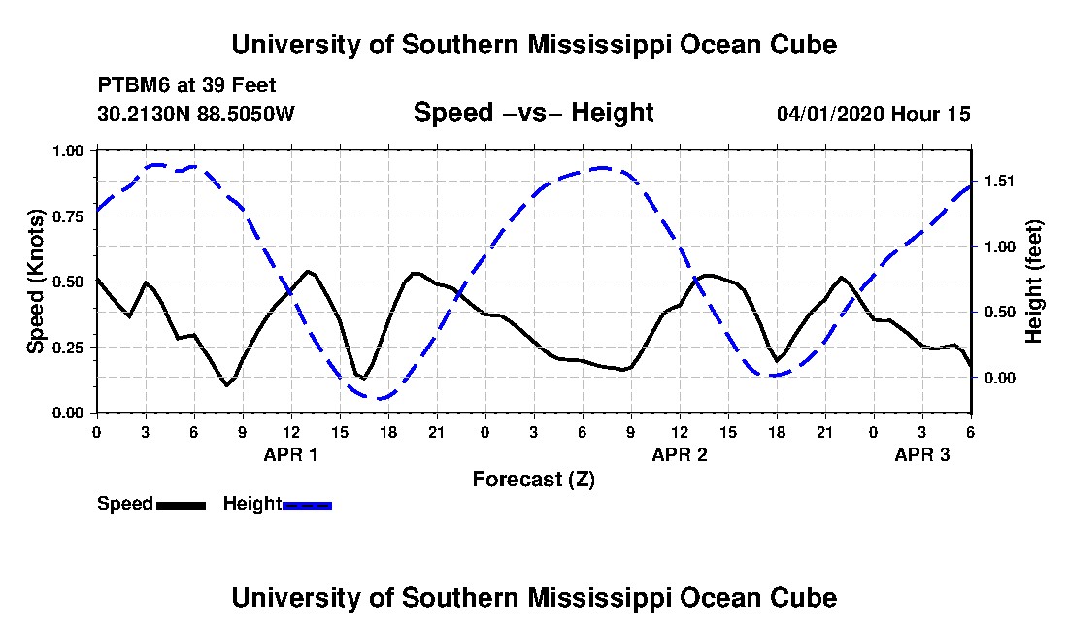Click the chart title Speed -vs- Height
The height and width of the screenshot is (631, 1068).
(533, 114)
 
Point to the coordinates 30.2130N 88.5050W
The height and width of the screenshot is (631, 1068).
(195, 115)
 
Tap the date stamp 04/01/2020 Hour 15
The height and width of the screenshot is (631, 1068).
(873, 115)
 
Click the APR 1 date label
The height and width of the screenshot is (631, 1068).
(291, 454)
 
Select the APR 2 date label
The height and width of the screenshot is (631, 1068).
(680, 454)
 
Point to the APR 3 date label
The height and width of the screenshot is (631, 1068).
(922, 454)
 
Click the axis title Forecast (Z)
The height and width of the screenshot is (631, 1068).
(533, 480)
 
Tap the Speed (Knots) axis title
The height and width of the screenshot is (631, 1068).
(36, 282)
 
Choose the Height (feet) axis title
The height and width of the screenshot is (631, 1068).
(1033, 282)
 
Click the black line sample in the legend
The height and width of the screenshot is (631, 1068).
(181, 505)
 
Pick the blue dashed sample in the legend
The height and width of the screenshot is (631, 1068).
(307, 505)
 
